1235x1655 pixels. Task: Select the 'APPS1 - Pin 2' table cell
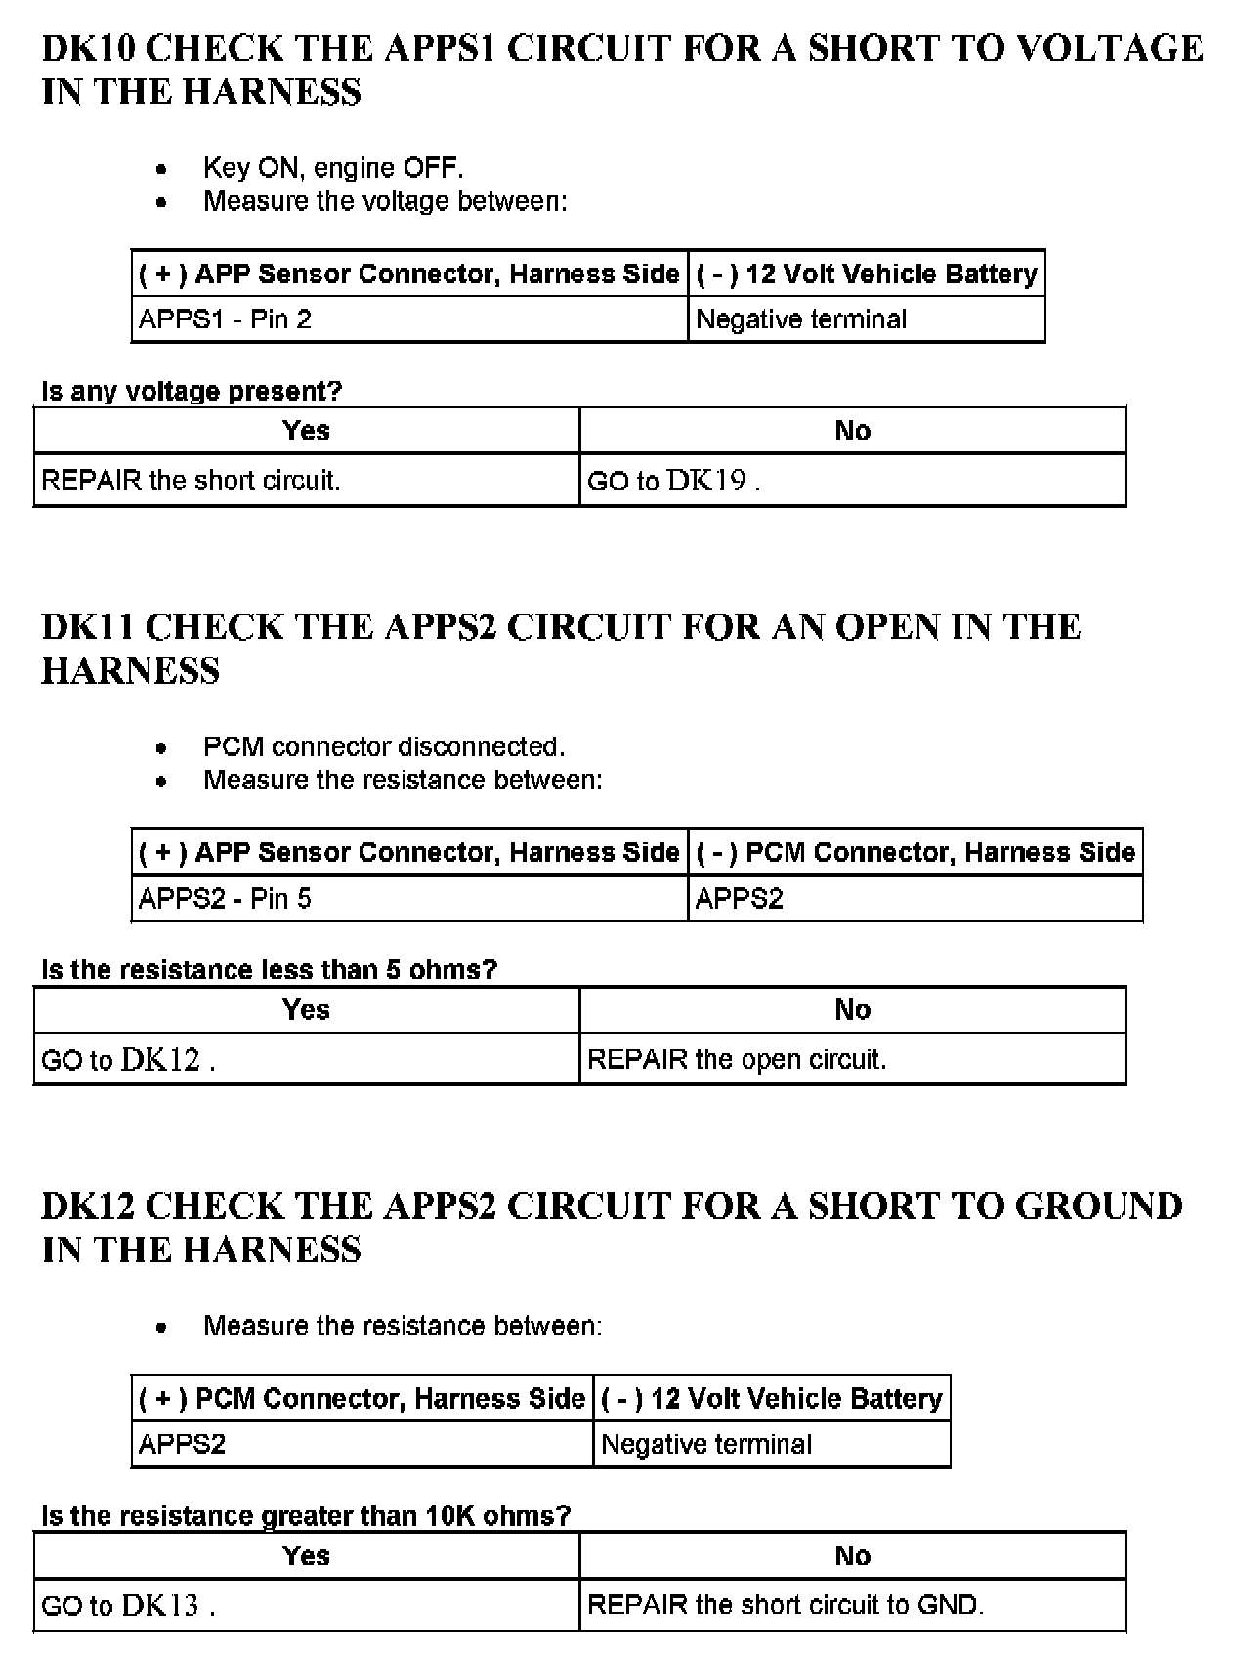click(x=225, y=319)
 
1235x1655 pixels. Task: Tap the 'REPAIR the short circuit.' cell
click(x=191, y=481)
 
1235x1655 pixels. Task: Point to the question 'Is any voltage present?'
click(x=192, y=392)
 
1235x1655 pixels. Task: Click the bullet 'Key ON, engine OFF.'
click(x=333, y=168)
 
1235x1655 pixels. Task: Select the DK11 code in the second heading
click(x=88, y=627)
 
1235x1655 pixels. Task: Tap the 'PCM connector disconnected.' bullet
click(x=384, y=747)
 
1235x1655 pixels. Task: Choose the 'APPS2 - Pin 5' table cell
click(x=225, y=899)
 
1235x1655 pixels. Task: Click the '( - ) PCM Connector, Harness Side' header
click(x=915, y=853)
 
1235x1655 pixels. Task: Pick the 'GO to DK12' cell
click(x=127, y=1060)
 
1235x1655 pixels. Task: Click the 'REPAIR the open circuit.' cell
click(x=737, y=1060)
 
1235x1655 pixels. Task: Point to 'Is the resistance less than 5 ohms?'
click(x=269, y=970)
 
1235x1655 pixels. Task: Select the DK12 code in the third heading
click(x=90, y=1207)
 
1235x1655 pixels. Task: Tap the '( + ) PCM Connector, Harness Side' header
click(x=362, y=1399)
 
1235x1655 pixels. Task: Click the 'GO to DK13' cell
click(x=127, y=1606)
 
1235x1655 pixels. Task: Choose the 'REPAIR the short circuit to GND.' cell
click(x=785, y=1605)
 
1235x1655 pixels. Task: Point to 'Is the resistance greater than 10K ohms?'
click(x=306, y=1516)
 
